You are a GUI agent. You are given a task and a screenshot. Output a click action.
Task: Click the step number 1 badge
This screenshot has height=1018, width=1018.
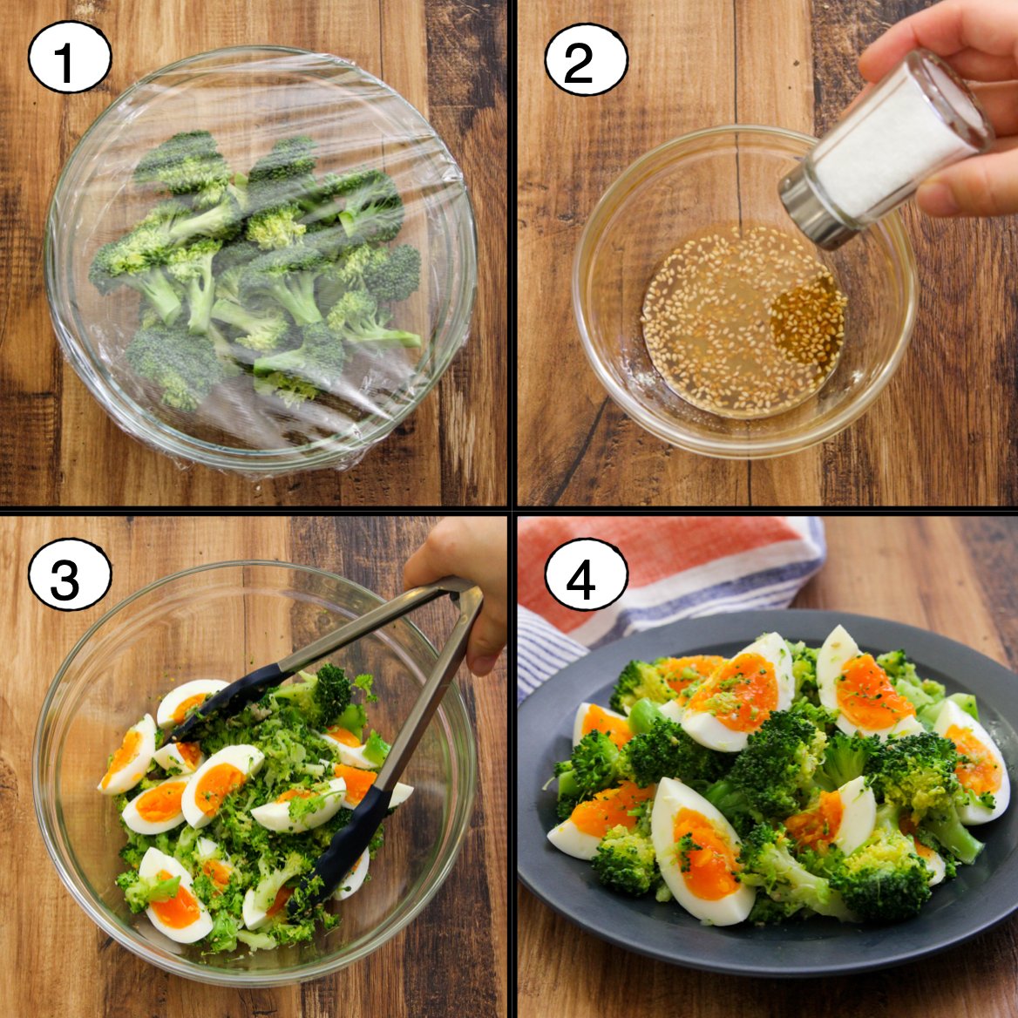click(x=70, y=58)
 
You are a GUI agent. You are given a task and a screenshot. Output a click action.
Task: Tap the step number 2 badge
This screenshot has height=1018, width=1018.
click(x=586, y=60)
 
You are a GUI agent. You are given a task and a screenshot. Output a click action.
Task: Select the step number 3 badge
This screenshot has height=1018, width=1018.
click(x=70, y=573)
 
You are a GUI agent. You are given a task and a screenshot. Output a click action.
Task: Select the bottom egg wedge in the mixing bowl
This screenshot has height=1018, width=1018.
click(x=174, y=896)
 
